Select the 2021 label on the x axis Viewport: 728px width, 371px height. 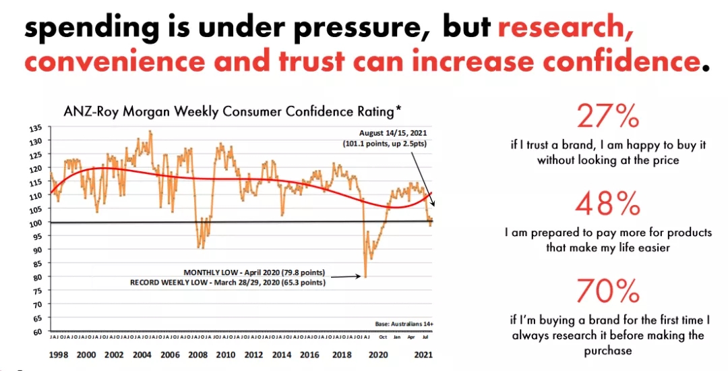click(x=423, y=354)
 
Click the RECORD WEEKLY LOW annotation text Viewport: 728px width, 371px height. click(x=228, y=283)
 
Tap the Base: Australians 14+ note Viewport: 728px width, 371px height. click(x=404, y=324)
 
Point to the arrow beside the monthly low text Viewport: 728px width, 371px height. click(x=348, y=275)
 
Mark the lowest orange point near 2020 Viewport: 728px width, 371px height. click(x=365, y=276)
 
